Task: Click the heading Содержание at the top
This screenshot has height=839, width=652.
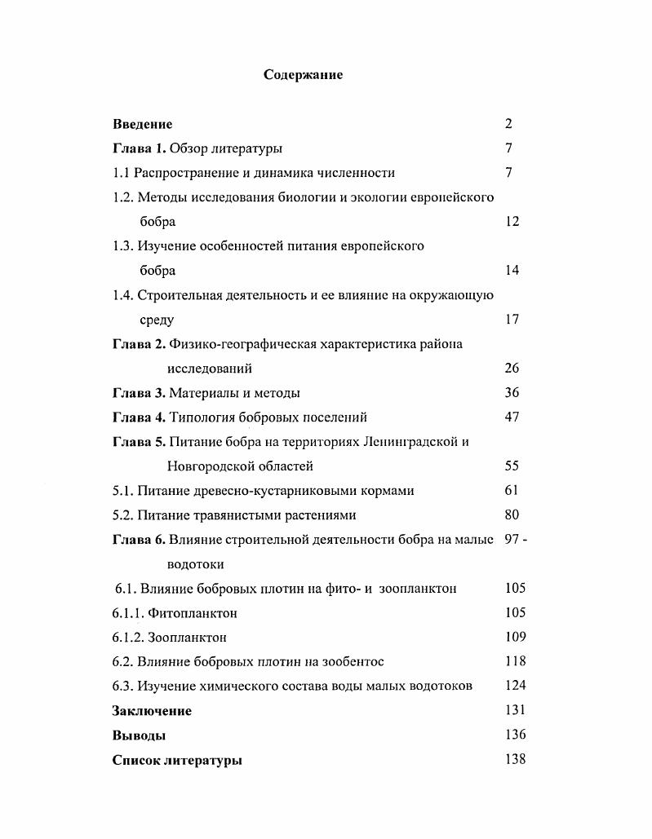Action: click(304, 75)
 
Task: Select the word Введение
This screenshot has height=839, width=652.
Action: click(142, 124)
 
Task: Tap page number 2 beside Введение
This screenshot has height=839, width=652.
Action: click(508, 124)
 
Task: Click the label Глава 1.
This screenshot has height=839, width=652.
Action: click(139, 148)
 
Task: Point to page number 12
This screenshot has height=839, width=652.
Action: click(512, 222)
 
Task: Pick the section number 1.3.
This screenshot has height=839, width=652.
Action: click(123, 246)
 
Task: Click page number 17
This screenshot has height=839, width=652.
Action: click(512, 320)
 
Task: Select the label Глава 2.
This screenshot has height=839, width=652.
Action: click(139, 344)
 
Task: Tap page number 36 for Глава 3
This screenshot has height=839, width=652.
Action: click(512, 393)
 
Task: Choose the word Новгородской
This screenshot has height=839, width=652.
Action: click(207, 466)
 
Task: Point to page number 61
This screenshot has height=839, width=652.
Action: click(512, 491)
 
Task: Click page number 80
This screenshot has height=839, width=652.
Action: click(512, 515)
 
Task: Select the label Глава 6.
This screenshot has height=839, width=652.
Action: click(139, 540)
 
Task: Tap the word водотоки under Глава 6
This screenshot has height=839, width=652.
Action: click(195, 564)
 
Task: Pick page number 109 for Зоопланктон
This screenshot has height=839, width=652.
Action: click(515, 638)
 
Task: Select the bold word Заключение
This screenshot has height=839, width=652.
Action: click(152, 711)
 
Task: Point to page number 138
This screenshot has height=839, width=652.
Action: click(515, 760)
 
